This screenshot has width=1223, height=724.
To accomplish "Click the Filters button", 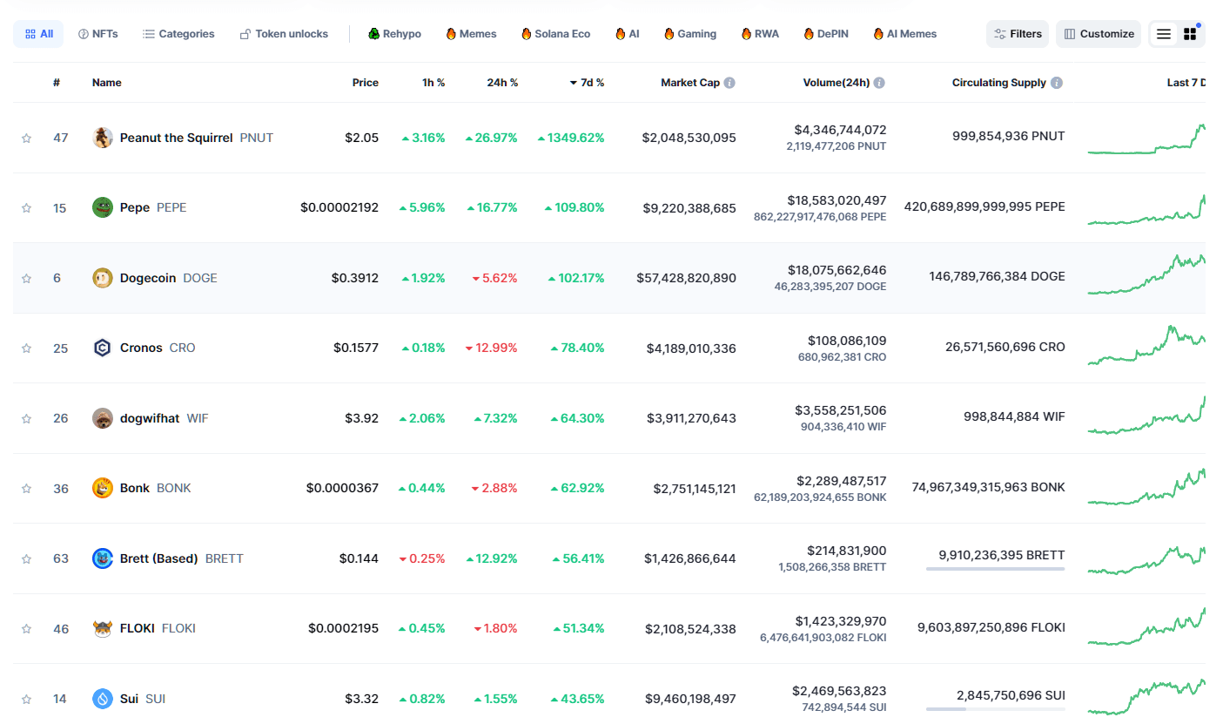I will point(1018,34).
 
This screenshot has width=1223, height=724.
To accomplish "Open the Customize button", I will point(1099,34).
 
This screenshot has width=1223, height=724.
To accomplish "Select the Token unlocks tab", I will point(284,34).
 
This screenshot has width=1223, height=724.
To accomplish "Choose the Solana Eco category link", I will point(555,34).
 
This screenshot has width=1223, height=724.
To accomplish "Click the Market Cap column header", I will point(689,83).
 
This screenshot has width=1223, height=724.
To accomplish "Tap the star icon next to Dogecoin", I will point(26,279).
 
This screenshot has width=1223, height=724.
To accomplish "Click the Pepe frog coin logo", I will point(103,207).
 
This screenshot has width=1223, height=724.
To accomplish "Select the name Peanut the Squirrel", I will point(176,138).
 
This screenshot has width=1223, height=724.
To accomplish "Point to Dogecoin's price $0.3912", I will point(354,278).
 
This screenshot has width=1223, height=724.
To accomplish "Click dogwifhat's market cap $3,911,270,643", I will point(691,418).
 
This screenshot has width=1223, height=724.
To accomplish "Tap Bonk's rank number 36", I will point(60,489).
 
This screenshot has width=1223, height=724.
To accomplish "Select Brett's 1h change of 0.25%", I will point(422,558).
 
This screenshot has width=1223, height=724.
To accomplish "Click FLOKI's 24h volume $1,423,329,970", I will point(840,621).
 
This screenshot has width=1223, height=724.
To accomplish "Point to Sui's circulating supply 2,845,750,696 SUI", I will point(1011,695).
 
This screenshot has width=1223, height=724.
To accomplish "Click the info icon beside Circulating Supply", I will point(1057,83).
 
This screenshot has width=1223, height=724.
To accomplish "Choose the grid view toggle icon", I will point(1190,34).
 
